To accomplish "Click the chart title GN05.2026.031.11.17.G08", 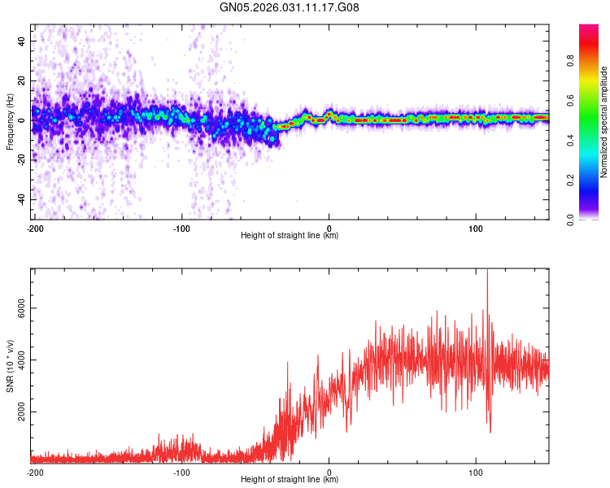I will pos(290,8).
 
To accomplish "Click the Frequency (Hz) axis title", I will pos(10,122).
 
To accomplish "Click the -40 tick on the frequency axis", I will pos(21,199).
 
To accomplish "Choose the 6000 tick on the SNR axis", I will pos(17,308).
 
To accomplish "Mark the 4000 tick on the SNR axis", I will pos(17,360).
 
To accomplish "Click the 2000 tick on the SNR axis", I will pos(17,412).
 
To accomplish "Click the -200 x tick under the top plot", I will pos(35,228).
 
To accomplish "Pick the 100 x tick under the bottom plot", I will pos(477,472).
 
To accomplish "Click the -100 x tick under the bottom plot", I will pos(181,472).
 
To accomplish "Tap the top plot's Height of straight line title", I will pos(290,236).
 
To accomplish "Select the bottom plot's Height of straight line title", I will pos(290,480).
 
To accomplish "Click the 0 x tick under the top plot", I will pos(329,228).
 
